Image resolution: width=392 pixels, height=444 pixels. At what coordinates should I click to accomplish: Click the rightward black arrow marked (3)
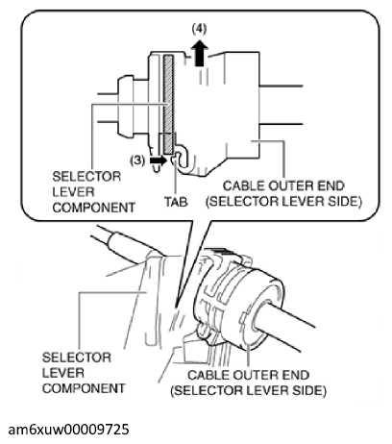pyautogui.click(x=159, y=160)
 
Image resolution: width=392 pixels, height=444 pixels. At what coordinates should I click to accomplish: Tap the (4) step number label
pyautogui.click(x=199, y=29)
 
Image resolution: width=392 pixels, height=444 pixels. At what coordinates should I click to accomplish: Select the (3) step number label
pyautogui.click(x=137, y=160)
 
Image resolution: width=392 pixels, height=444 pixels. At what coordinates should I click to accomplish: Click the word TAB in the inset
pyautogui.click(x=176, y=202)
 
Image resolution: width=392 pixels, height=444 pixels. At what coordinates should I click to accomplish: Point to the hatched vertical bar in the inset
pyautogui.click(x=168, y=104)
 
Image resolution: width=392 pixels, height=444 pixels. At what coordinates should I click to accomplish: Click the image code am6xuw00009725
pyautogui.click(x=69, y=429)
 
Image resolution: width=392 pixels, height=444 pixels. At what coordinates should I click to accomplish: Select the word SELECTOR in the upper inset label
pyautogui.click(x=86, y=177)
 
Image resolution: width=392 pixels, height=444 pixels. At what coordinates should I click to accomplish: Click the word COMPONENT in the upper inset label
pyautogui.click(x=93, y=208)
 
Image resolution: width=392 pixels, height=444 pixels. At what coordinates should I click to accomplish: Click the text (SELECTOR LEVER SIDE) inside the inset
pyautogui.click(x=283, y=202)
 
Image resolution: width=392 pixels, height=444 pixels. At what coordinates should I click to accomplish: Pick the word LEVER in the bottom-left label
pyautogui.click(x=63, y=373)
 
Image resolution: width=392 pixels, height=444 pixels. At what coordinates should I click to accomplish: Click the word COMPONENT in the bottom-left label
pyautogui.click(x=84, y=388)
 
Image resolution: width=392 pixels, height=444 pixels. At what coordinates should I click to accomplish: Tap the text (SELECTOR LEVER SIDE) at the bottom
pyautogui.click(x=248, y=391)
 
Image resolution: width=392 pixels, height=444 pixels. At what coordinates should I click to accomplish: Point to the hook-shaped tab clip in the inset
pyautogui.click(x=182, y=157)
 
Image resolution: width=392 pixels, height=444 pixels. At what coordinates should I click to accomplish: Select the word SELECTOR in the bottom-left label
pyautogui.click(x=77, y=358)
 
